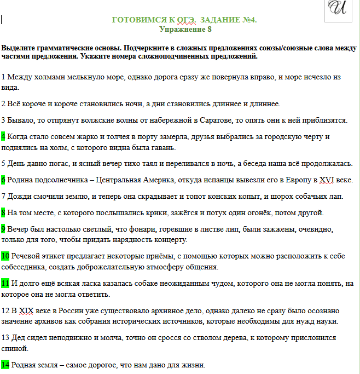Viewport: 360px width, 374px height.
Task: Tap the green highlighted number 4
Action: [x=3, y=136]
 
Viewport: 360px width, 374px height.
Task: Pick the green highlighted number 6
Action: [x=3, y=180]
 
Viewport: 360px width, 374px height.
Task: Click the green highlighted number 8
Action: [x=3, y=212]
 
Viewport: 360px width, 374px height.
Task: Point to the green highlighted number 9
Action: [x=3, y=229]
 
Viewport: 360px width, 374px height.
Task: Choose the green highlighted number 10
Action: [x=5, y=256]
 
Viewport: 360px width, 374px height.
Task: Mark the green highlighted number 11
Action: [x=5, y=283]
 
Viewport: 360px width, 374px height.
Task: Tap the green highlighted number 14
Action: [x=5, y=365]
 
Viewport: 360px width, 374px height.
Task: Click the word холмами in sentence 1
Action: [x=48, y=77]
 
